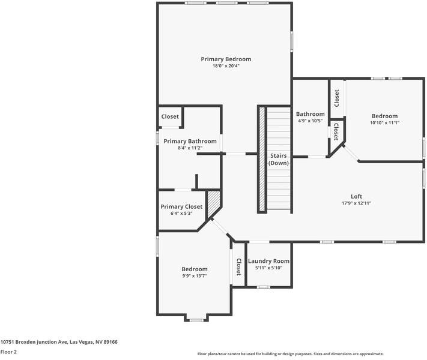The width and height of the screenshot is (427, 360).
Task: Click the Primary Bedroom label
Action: pos(226,59)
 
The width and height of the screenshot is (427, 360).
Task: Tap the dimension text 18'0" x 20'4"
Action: pos(226,66)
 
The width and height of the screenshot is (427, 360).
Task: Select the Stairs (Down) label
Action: pos(278,159)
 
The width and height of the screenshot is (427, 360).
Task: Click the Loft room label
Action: pos(356,196)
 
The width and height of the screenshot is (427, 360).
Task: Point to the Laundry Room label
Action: pos(268,261)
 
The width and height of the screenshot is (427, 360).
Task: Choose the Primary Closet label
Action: pos(181,206)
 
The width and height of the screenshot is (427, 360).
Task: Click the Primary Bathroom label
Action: pos(190,141)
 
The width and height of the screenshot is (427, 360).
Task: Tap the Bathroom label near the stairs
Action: pos(310,114)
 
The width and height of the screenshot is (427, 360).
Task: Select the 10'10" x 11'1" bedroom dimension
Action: pos(384,123)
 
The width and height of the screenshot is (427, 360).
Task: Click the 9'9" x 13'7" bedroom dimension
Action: pos(195,276)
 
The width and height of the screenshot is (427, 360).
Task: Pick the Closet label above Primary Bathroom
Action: pos(170,116)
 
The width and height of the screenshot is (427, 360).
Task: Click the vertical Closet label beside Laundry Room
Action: pos(238,266)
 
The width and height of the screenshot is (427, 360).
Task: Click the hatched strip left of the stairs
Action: pos(262,159)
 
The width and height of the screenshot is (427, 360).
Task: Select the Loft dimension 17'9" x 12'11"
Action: pos(356,203)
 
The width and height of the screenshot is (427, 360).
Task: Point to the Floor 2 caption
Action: pos(8,352)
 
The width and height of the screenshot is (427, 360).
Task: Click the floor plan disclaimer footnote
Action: pos(290,354)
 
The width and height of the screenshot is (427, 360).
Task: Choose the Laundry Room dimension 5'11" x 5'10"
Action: pos(268,268)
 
